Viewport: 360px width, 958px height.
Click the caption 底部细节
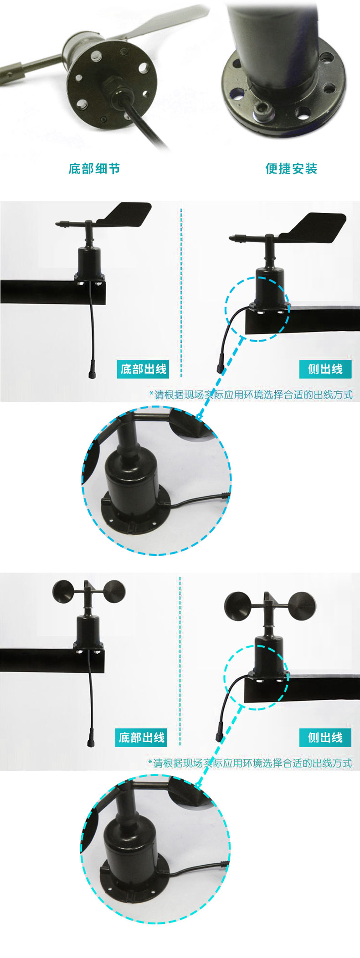pyautogui.click(x=94, y=169)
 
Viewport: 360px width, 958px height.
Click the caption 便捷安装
pyautogui.click(x=291, y=169)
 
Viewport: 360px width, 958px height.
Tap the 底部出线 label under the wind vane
pyautogui.click(x=143, y=369)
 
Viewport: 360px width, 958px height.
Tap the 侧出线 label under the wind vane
pyautogui.click(x=325, y=369)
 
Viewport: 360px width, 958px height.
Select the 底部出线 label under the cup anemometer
pyautogui.click(x=141, y=738)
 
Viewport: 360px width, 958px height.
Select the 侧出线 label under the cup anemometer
pyautogui.click(x=325, y=738)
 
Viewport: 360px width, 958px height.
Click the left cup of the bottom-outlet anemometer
pyautogui.click(x=63, y=591)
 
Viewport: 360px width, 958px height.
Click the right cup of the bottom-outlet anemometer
pyautogui.click(x=113, y=593)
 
